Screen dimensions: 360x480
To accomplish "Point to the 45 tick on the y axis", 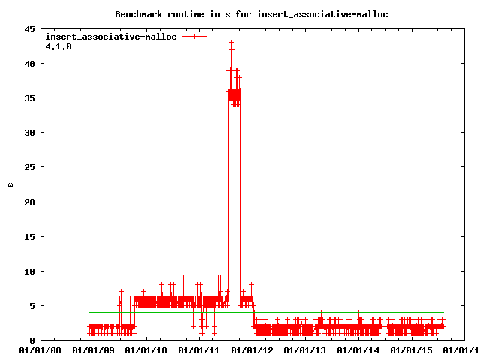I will click(28, 29).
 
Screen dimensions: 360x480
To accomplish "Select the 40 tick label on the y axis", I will click(28, 64).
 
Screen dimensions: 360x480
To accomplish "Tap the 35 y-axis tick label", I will click(28, 98).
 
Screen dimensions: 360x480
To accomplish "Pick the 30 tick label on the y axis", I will click(28, 133).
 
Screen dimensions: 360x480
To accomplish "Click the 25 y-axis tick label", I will click(28, 167).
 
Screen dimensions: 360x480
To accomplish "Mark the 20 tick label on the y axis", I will click(28, 202).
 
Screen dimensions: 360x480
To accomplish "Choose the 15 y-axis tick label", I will click(28, 236).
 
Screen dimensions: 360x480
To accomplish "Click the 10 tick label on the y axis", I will click(28, 271).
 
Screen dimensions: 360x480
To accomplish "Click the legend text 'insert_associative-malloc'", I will click(111, 37).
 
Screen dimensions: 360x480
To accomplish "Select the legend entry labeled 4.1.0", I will click(58, 46).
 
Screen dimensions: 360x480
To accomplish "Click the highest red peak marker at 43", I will click(232, 43).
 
